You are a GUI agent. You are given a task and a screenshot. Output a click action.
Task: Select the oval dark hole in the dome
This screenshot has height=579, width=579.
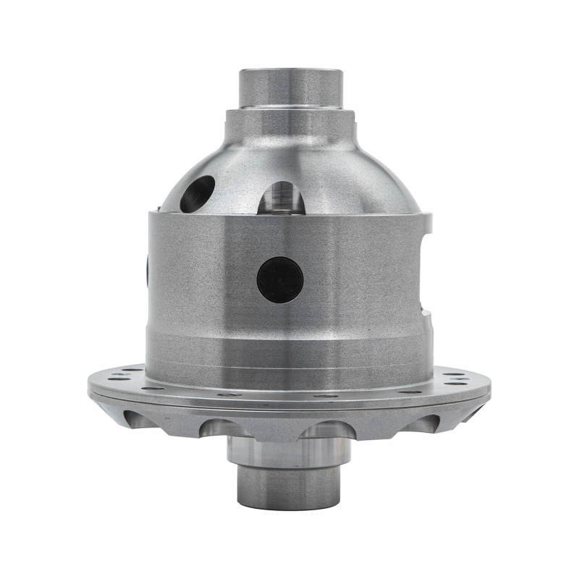coord(197,193)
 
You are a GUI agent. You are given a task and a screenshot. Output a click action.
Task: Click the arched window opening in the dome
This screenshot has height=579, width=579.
coord(282,197)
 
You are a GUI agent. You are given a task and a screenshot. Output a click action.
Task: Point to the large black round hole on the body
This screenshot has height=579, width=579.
coord(280,279)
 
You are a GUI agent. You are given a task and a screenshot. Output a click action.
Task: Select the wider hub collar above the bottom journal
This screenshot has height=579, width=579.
coord(289,452)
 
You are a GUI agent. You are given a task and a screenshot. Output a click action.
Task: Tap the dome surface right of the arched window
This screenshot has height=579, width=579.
coord(362,181)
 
